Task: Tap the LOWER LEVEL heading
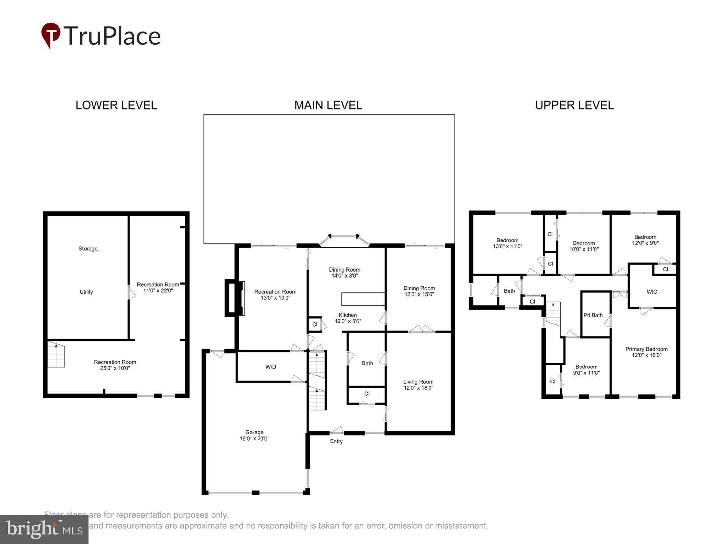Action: point(116,105)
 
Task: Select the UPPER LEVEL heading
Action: point(574,105)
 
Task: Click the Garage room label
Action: point(254,435)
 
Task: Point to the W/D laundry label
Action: point(271,367)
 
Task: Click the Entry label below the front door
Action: point(336,441)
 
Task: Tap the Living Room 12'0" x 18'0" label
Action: point(418,385)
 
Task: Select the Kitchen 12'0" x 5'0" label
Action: point(348,318)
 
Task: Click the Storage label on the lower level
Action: point(88,249)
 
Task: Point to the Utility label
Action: point(86,292)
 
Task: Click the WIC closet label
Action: point(651,292)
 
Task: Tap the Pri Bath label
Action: point(593,315)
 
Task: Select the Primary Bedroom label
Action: point(646,352)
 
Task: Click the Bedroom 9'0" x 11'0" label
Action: point(586,370)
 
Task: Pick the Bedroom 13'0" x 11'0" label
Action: point(507,243)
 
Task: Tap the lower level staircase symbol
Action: point(56,355)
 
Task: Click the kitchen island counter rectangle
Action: point(363,299)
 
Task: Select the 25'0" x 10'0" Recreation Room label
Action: point(115,365)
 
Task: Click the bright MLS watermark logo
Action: point(44,529)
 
